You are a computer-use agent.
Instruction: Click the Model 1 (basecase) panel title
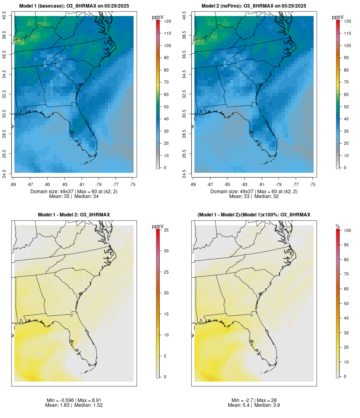point(74,6)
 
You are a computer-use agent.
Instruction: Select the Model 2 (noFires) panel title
point(254,6)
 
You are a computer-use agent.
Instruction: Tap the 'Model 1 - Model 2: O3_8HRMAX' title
point(74,215)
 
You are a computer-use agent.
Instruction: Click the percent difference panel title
point(254,215)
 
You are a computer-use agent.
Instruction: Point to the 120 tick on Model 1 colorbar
point(167,21)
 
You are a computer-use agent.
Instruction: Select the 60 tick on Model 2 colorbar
point(346,94)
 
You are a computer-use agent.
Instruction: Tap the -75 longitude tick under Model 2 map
point(313,184)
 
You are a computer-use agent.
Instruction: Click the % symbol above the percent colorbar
point(338,226)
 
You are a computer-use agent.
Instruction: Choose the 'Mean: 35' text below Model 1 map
point(59,196)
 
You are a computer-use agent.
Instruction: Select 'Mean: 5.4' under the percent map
point(239,405)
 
